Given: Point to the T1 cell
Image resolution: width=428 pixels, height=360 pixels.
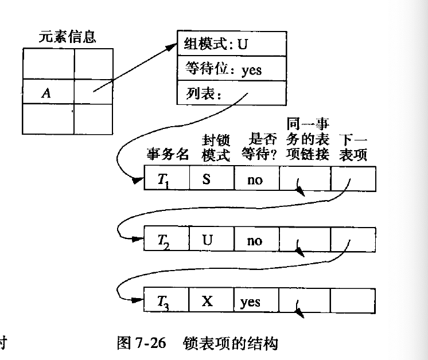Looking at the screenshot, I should point(167,179).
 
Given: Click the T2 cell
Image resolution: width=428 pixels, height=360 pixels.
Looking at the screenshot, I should point(167,240).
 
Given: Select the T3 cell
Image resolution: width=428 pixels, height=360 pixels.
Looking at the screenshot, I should point(167,300).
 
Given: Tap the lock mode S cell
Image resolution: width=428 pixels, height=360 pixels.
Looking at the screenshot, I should point(211,179).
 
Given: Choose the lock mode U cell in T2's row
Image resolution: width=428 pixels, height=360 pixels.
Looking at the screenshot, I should point(211,240).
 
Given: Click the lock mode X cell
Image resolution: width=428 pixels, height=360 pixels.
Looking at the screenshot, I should point(211,300).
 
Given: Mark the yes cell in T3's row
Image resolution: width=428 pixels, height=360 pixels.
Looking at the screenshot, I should point(255,300).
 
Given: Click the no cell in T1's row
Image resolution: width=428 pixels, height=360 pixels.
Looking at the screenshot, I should point(255,179).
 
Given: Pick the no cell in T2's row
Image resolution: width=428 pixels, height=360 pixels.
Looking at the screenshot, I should point(255,240).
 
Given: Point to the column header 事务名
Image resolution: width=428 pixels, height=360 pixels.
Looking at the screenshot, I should point(168,155).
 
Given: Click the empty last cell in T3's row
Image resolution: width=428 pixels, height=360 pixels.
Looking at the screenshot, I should point(353,300).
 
